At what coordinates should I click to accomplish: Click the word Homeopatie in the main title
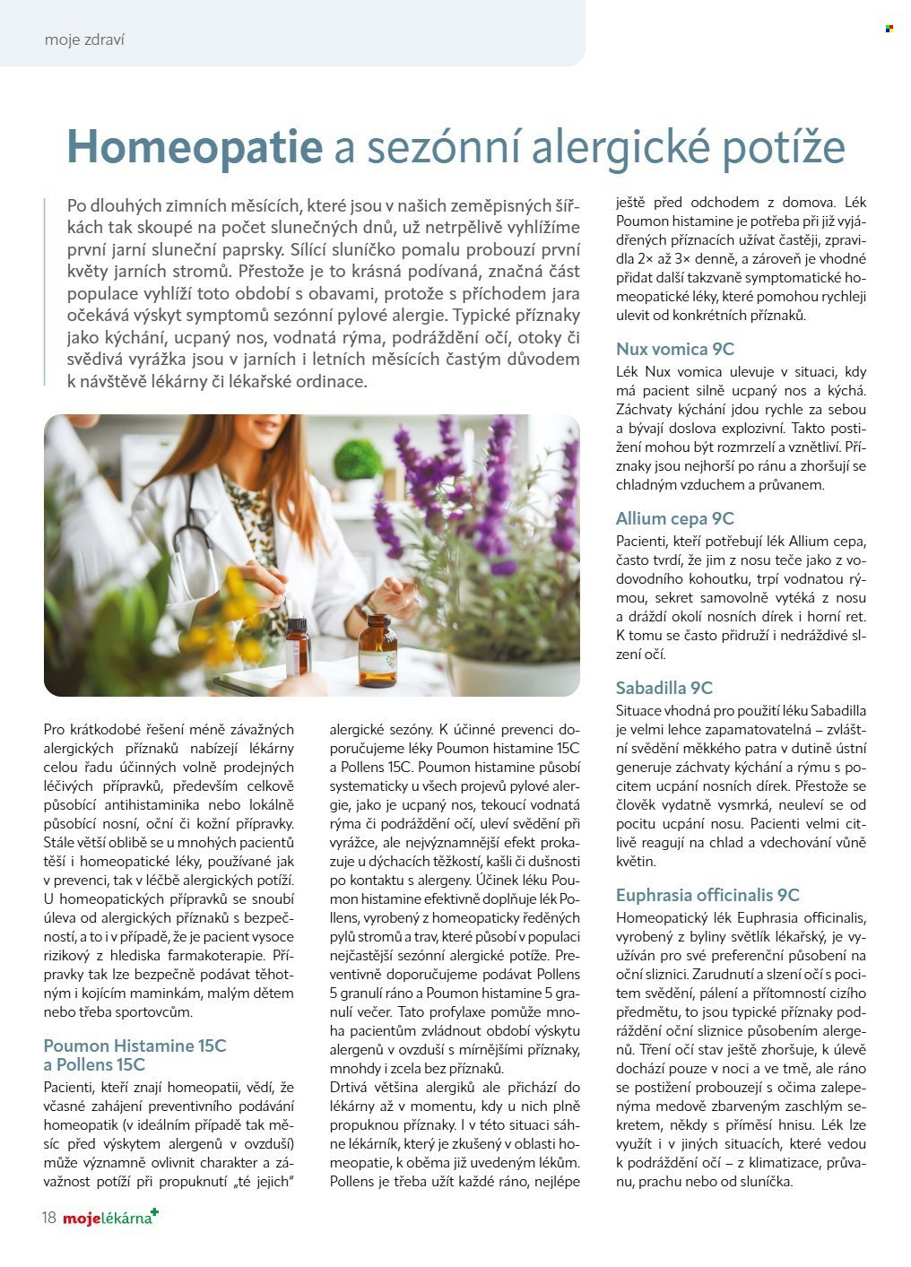[195, 148]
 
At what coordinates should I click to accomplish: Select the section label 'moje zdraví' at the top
[84, 39]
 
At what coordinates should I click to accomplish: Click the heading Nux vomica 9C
[674, 349]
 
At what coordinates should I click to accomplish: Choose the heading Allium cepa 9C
[674, 518]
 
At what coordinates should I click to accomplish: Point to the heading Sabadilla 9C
[664, 688]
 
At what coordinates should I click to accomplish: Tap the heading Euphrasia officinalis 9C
[707, 895]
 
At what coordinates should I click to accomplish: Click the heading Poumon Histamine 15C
[134, 1046]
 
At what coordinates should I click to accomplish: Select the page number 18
[48, 1218]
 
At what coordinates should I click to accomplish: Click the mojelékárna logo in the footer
[108, 1218]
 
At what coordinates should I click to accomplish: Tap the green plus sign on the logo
[154, 1212]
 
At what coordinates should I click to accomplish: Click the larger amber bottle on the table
[377, 652]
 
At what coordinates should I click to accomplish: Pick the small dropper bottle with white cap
[297, 646]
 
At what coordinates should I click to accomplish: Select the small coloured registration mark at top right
[889, 29]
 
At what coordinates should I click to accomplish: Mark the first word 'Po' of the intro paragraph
[77, 205]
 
